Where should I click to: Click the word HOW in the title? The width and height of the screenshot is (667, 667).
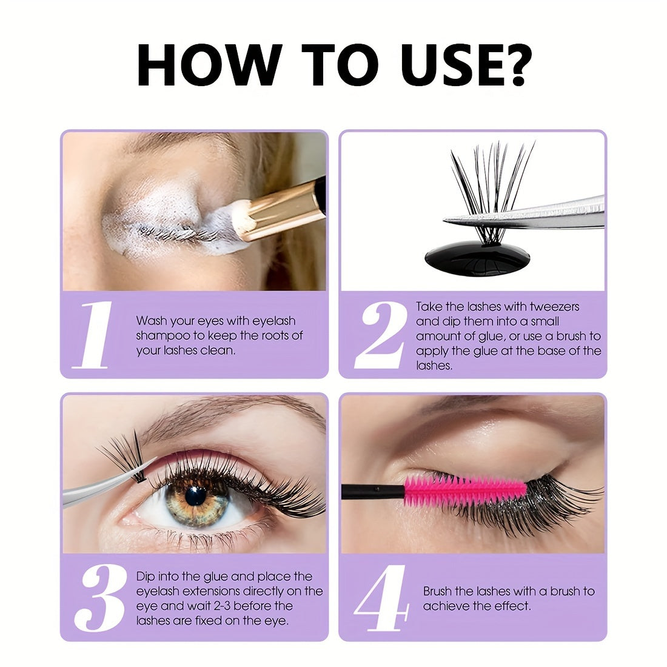(209, 65)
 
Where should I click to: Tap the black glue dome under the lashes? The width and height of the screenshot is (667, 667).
(477, 256)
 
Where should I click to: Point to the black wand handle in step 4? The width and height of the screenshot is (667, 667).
(373, 491)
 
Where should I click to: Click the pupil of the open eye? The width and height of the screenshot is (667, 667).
(195, 497)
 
